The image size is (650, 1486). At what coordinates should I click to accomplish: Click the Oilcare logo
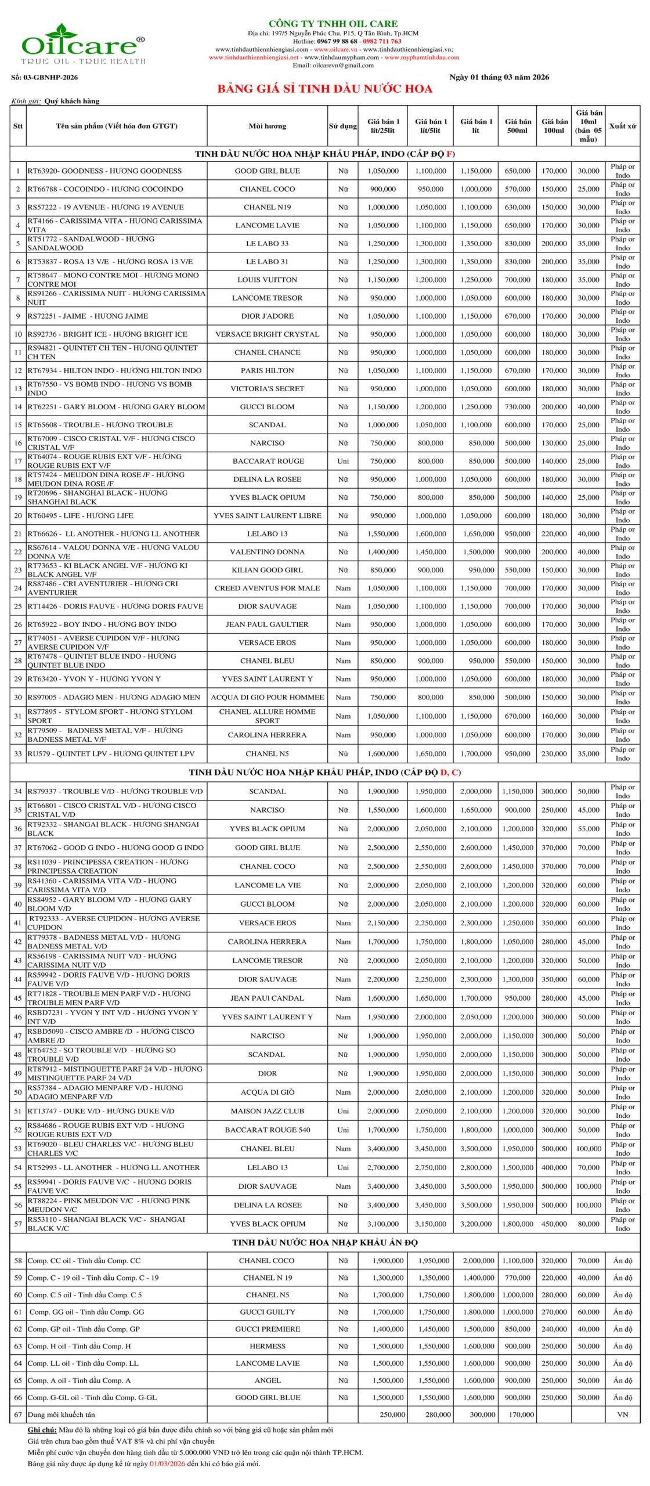coord(83,44)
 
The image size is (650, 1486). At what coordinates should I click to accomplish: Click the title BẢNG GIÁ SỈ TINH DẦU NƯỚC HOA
coord(324,89)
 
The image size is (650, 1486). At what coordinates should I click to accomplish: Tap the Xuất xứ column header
coord(622,126)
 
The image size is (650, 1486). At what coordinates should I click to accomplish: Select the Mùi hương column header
coord(267,126)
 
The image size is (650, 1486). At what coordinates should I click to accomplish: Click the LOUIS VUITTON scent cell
coord(267,280)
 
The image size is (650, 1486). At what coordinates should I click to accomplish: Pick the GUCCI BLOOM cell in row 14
coord(267,407)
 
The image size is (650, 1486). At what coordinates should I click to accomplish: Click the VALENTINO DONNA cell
coord(267,552)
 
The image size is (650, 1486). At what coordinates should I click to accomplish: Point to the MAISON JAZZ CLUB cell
coord(267,1111)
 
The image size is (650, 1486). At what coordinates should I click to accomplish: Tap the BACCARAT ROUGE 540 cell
coord(267,1130)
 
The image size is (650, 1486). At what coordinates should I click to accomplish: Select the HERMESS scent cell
coord(267,1346)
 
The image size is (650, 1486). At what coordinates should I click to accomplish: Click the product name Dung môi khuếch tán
coord(61,1415)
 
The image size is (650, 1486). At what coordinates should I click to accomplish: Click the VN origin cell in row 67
coord(622,1415)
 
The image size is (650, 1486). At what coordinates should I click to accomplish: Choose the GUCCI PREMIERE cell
coord(267,1329)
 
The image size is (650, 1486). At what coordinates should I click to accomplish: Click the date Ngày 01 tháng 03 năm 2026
coord(499,77)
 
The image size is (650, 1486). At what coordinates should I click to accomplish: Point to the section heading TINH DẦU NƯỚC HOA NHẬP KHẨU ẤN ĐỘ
coord(324,1243)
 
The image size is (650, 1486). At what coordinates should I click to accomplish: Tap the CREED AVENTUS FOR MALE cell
coord(267,588)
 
